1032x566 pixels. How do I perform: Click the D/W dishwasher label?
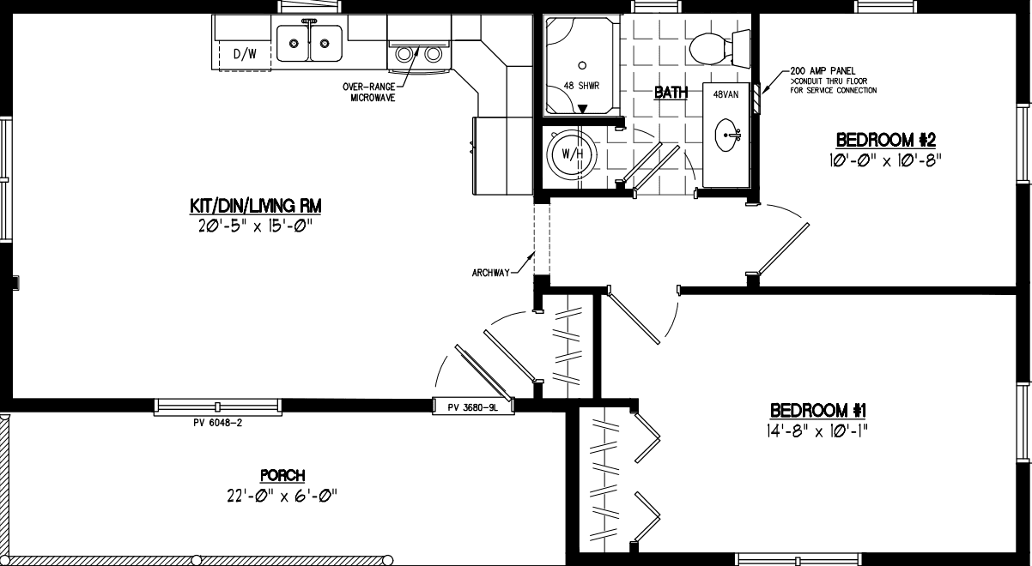[x=246, y=54]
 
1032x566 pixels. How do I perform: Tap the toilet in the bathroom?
[x=718, y=46]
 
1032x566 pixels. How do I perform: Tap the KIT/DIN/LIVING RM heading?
[x=249, y=206]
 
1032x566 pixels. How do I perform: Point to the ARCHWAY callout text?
[x=490, y=273]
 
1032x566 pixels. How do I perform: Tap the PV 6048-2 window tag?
[x=219, y=422]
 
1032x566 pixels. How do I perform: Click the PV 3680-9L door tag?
[x=472, y=407]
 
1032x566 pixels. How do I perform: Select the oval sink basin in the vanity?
[x=730, y=135]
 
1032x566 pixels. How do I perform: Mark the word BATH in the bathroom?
[x=671, y=93]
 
